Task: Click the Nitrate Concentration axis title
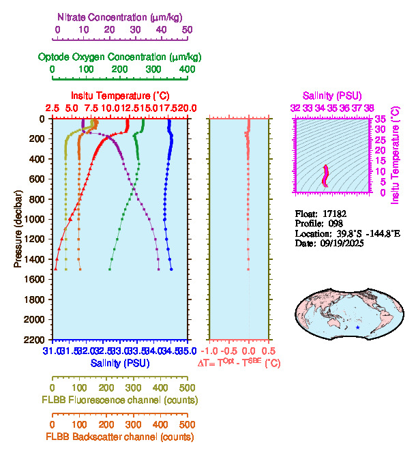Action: coord(121,16)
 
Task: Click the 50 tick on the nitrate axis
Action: coord(188,30)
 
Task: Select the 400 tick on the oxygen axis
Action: coord(188,70)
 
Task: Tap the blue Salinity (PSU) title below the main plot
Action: coord(120,364)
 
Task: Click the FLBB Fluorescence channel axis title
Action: coord(120,400)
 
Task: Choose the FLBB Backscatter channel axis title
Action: coord(120,437)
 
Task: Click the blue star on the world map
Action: coord(358,328)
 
